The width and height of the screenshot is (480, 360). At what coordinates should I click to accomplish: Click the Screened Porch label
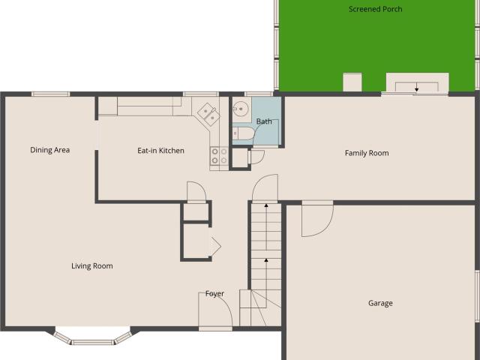[x=375, y=9]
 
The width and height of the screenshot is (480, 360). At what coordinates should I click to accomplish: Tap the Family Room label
[x=367, y=153]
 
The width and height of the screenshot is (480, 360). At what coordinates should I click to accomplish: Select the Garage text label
[x=380, y=303]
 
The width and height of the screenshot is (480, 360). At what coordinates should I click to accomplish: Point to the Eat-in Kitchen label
[x=160, y=151]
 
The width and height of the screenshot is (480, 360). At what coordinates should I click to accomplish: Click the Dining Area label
[x=50, y=150]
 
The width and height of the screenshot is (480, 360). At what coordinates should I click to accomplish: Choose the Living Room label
[x=92, y=266]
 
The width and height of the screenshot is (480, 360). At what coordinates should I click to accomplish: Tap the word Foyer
[x=214, y=294]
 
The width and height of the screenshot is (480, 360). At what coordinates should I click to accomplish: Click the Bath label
[x=264, y=121]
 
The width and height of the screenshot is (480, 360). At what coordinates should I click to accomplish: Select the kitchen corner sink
[x=208, y=114]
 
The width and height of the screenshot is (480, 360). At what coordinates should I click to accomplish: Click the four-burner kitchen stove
[x=219, y=156]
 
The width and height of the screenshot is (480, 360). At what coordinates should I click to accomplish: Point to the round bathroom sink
[x=241, y=109]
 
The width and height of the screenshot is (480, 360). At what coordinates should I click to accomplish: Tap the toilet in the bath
[x=243, y=133]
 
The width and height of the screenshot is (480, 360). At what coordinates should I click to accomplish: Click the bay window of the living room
[x=93, y=337]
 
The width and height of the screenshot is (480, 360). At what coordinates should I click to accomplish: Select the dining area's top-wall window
[x=50, y=94]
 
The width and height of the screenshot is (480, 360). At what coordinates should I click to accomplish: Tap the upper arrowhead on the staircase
[x=266, y=205]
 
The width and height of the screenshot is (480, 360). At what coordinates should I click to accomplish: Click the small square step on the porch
[x=352, y=82]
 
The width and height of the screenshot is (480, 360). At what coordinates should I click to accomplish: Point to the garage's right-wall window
[x=477, y=296]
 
